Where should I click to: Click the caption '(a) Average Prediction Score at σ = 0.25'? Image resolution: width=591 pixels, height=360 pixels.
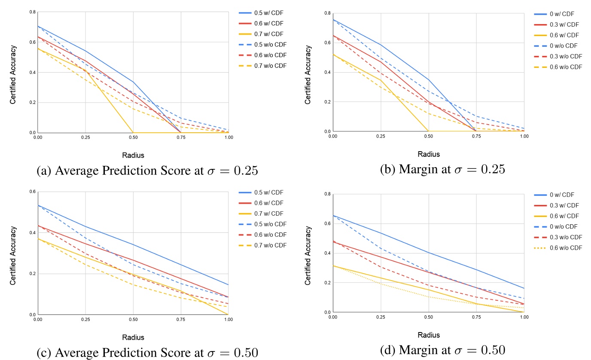pyautogui.click(x=147, y=171)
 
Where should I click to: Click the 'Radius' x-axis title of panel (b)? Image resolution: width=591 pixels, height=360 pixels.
pyautogui.click(x=429, y=154)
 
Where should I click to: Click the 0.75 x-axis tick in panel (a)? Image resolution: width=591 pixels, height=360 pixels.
pyautogui.click(x=181, y=137)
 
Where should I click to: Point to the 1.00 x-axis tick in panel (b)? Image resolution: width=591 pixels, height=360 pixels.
pyautogui.click(x=524, y=136)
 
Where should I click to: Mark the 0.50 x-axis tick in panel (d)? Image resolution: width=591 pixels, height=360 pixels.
pyautogui.click(x=428, y=317)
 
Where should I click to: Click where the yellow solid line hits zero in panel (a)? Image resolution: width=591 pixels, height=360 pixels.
pyautogui.click(x=133, y=132)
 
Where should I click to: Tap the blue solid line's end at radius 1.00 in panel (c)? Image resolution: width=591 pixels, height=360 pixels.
pyautogui.click(x=228, y=284)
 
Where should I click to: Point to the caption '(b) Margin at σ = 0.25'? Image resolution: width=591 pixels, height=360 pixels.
pyautogui.click(x=442, y=169)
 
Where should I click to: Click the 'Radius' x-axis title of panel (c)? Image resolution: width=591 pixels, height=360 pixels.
pyautogui.click(x=133, y=337)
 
